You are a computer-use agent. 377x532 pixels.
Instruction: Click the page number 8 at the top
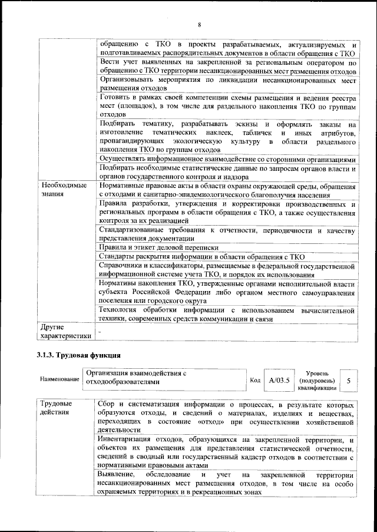click(x=199, y=24)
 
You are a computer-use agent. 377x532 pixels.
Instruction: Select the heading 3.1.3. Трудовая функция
click(x=79, y=355)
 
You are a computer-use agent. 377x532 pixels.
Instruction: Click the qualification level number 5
click(x=349, y=381)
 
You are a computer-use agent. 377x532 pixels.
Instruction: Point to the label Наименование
click(x=59, y=379)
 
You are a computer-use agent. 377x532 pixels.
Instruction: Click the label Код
click(x=255, y=381)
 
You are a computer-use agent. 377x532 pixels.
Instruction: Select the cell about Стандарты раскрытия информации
click(x=201, y=257)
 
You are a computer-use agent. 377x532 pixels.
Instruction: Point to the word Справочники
click(x=123, y=266)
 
